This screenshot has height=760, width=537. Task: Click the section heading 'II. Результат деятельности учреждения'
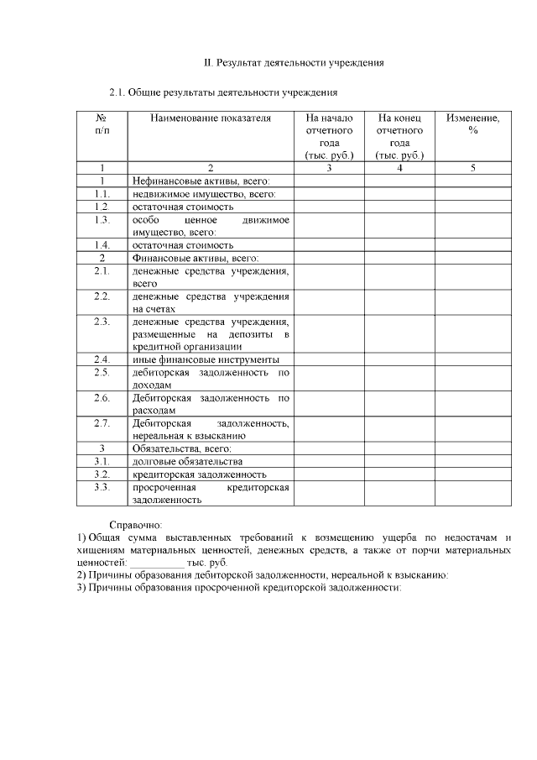tap(295, 64)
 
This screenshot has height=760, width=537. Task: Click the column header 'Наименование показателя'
tap(211, 119)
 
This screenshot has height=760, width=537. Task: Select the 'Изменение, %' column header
tap(473, 124)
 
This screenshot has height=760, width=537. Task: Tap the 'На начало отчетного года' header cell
tap(329, 137)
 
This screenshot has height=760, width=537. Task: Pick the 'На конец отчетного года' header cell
tap(399, 137)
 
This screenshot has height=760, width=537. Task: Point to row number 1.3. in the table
tap(102, 219)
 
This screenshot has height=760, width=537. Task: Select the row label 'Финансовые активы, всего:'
tap(196, 258)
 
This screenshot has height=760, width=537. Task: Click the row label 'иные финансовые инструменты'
tap(206, 359)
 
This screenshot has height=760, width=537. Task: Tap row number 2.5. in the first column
tap(102, 372)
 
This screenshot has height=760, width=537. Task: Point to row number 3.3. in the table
tap(102, 487)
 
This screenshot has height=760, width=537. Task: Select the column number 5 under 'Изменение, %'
tap(473, 168)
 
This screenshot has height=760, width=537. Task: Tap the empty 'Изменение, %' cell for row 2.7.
tap(473, 429)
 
